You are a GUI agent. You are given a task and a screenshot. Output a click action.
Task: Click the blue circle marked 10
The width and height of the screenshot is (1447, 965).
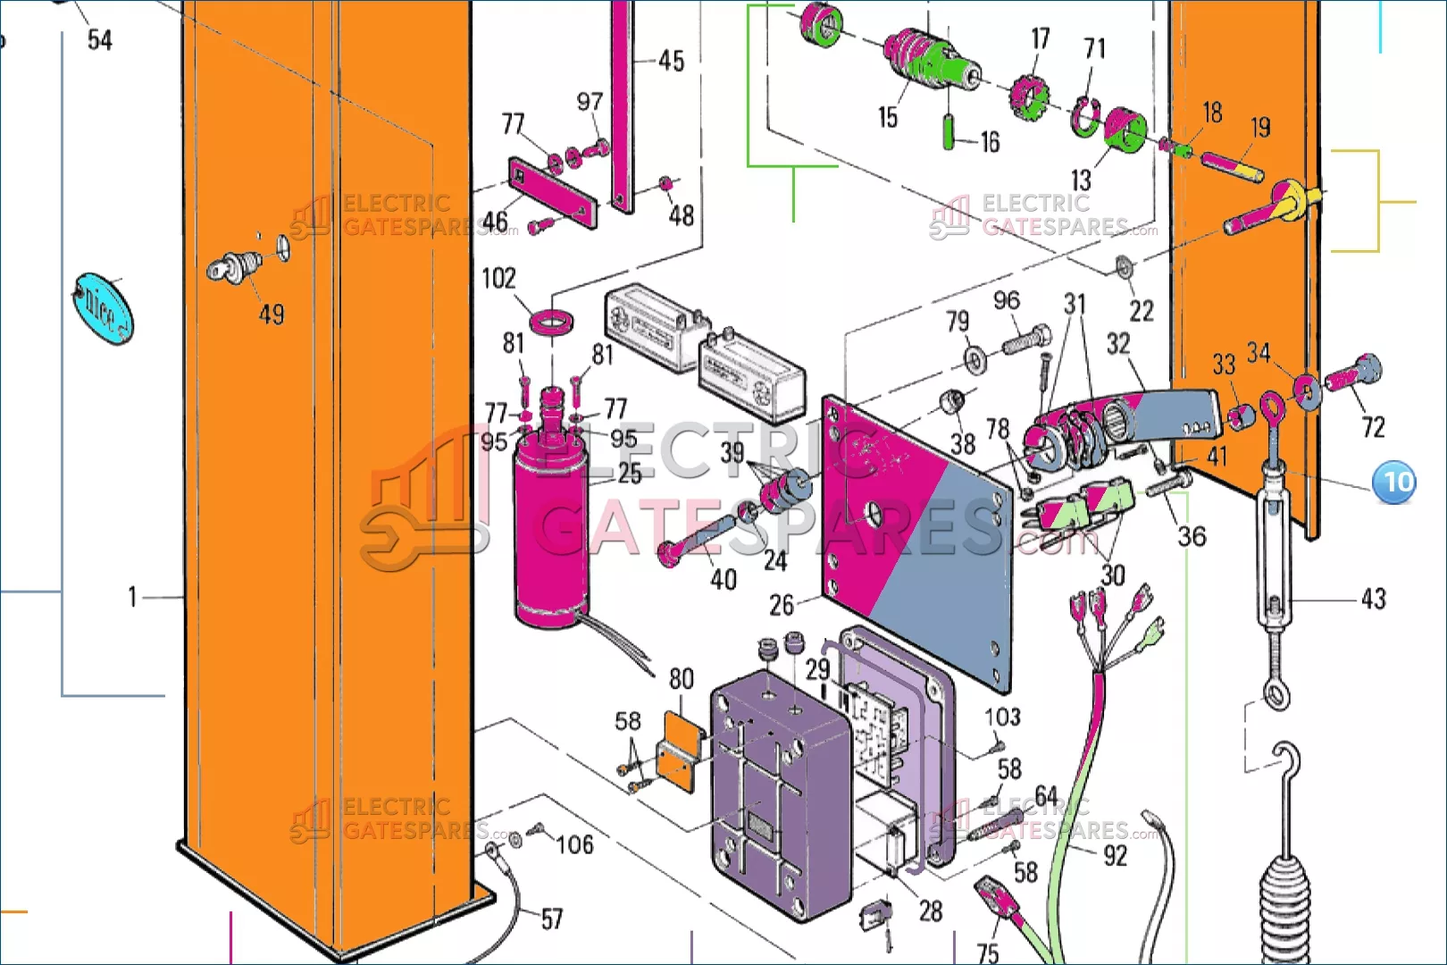(1394, 482)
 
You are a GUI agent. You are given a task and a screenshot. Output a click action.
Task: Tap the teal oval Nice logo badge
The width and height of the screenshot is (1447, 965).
(103, 308)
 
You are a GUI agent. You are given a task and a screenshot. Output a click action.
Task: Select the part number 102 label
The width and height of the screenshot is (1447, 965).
(498, 279)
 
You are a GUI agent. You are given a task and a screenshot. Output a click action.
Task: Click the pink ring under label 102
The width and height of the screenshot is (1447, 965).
(552, 322)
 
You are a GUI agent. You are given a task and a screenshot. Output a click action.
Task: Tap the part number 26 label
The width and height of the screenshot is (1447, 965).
(781, 605)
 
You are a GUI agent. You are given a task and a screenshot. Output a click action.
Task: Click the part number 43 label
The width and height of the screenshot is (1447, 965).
(1374, 600)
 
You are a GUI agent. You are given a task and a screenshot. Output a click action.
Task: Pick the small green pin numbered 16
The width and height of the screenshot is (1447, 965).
(949, 131)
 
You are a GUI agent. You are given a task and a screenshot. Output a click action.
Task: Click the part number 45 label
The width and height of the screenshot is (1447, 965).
(671, 62)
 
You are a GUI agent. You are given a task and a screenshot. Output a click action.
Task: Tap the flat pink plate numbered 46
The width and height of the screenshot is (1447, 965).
(552, 193)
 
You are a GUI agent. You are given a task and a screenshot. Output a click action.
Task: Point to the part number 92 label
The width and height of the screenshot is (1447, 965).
(1116, 856)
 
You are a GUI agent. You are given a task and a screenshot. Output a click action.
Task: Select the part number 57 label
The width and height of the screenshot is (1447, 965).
(552, 919)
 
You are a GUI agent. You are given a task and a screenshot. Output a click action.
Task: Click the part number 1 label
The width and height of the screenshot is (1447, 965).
(132, 597)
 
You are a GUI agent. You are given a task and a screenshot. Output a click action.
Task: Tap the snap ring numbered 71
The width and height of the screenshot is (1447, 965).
(1085, 117)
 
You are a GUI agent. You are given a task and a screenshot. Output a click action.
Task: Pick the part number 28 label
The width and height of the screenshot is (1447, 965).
(931, 911)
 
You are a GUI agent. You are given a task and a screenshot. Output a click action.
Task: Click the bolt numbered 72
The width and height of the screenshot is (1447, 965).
(1353, 373)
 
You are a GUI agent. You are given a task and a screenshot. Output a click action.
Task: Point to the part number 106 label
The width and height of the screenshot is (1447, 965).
(575, 844)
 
